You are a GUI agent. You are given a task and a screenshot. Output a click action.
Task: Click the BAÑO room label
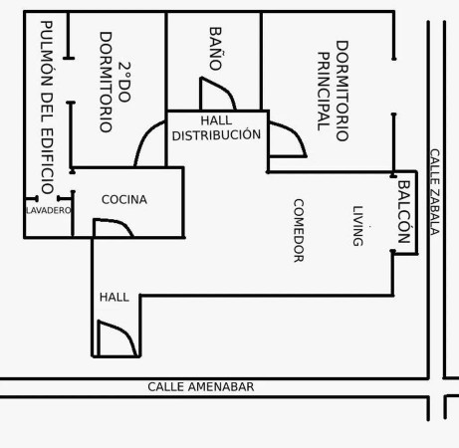point(215,49)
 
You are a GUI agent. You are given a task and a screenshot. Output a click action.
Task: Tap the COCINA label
point(124,199)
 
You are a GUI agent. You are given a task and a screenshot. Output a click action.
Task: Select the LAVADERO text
point(49,210)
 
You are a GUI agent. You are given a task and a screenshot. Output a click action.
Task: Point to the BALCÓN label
point(404,212)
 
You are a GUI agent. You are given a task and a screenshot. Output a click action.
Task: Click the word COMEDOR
point(299,231)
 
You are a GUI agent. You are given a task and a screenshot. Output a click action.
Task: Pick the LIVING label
point(357,226)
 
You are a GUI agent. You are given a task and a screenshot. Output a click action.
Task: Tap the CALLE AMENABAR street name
point(201,387)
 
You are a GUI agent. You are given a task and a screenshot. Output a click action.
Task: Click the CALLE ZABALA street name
point(435,192)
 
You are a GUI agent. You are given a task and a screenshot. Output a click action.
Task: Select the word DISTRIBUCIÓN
point(216,135)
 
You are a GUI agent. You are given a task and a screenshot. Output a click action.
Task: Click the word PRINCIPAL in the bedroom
point(324,92)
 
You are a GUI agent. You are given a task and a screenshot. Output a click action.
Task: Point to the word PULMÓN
point(47,54)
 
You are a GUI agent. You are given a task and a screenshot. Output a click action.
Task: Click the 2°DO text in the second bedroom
point(124,82)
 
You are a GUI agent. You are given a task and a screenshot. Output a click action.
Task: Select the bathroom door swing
point(218,94)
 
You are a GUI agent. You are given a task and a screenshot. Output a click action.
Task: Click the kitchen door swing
point(114,227)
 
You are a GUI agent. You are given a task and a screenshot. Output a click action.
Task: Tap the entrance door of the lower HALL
point(116,338)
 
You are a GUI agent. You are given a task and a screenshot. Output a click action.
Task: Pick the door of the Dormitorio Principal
point(288,139)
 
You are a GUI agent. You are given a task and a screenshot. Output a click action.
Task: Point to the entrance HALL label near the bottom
point(115,297)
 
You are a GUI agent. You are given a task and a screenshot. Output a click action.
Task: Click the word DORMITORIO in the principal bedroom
point(343,91)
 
